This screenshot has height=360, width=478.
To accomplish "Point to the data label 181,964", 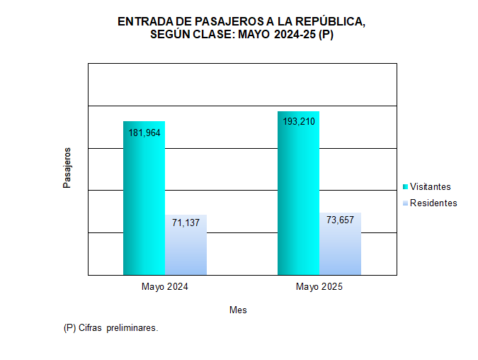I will point(144,132).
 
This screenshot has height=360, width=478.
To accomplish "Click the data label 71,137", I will point(186,223).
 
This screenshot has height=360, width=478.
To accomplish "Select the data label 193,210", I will point(298,121).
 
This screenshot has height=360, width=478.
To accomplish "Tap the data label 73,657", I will point(341,220).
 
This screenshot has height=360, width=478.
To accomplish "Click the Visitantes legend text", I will point(431,186).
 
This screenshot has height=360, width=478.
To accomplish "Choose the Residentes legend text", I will point(433,203).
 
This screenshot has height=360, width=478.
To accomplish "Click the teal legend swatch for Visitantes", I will point(405,186).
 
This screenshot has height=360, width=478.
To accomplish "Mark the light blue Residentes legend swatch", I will point(405,203).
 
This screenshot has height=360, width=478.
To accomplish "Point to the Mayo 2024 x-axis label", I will point(165,287).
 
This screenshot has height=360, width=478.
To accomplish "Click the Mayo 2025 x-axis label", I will point(319,287).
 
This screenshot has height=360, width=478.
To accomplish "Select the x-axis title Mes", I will point(238,310).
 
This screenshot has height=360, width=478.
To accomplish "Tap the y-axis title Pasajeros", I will point(67,168).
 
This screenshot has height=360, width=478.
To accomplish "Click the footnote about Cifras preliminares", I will point(110,329).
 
